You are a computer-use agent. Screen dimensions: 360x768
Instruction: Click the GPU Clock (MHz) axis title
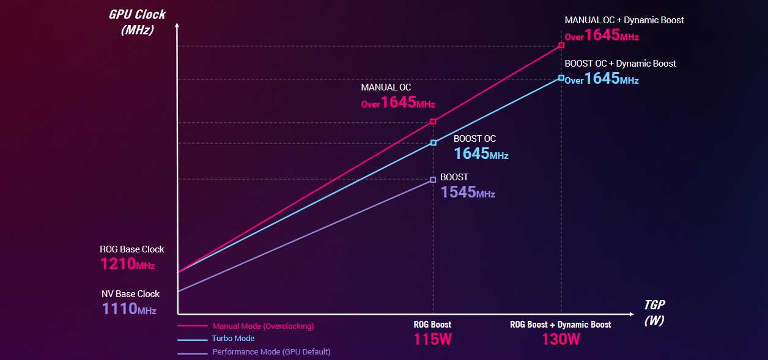(x=137, y=21)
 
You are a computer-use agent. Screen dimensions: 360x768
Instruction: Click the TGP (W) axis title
(x=654, y=312)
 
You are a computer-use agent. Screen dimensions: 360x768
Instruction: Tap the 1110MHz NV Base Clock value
(x=129, y=309)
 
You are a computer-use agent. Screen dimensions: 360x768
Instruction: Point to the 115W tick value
(x=432, y=339)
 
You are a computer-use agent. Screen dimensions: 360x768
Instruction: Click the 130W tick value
(x=561, y=339)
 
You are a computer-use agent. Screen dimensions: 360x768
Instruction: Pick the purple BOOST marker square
(x=433, y=180)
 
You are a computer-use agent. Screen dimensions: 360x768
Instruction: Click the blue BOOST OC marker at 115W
(x=433, y=143)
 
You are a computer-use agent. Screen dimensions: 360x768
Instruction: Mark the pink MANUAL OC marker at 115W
(x=433, y=122)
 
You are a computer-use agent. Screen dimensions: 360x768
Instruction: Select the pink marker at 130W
(x=561, y=45)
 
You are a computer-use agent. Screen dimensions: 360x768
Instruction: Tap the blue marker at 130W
(x=561, y=78)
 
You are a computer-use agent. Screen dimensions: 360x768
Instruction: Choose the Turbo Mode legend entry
(x=233, y=339)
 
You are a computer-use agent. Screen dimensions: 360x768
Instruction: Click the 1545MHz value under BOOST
(x=467, y=192)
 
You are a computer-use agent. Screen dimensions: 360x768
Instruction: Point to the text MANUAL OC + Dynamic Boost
(x=624, y=20)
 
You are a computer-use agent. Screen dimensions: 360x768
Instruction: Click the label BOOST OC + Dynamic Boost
(x=620, y=64)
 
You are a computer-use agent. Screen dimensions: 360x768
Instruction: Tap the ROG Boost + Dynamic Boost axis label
(x=560, y=325)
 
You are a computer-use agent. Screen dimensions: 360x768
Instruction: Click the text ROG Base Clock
(x=132, y=249)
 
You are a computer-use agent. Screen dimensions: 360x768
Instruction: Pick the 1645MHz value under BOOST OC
(x=481, y=153)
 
